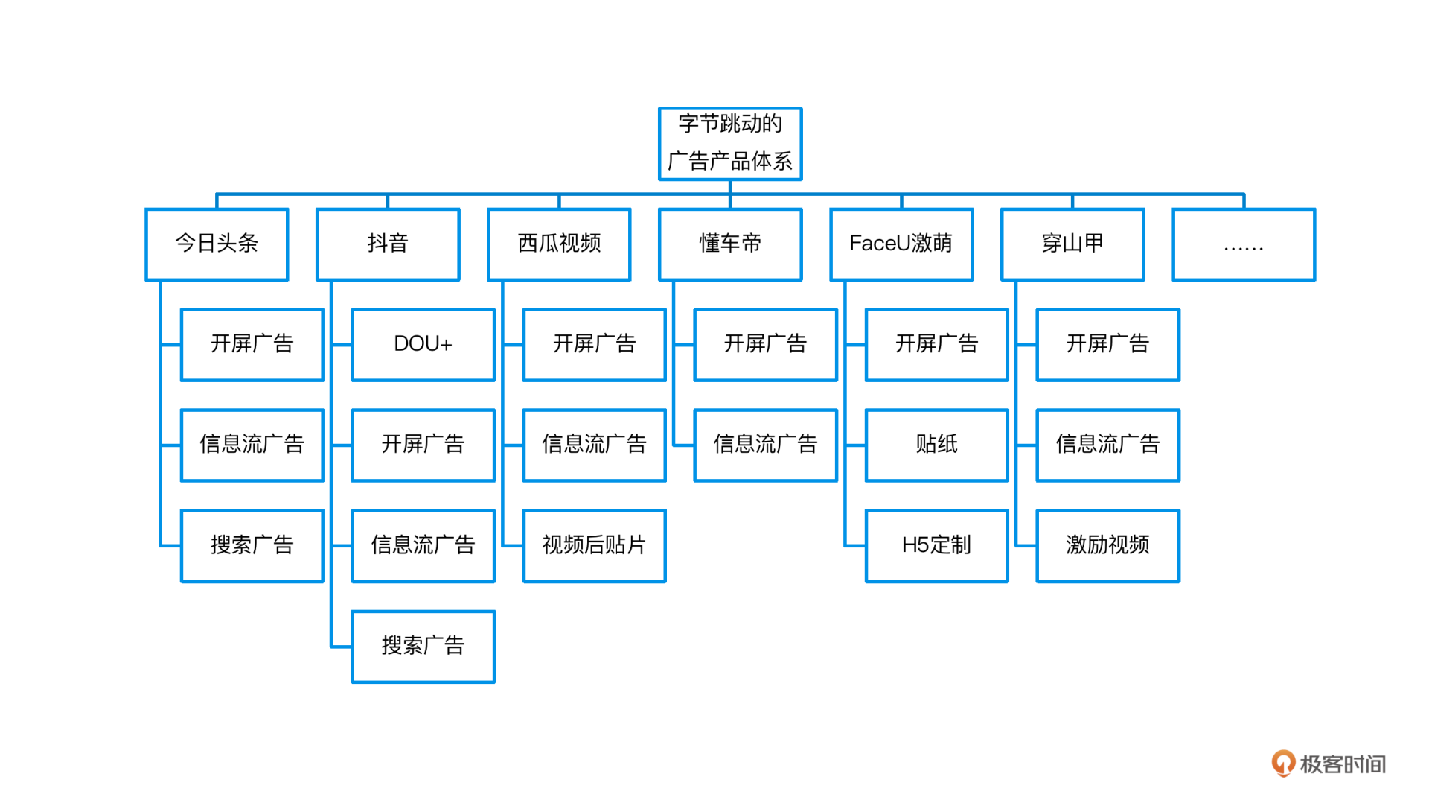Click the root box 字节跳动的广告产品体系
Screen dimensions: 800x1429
click(730, 144)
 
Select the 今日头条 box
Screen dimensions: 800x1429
click(217, 244)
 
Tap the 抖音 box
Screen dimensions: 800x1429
click(388, 244)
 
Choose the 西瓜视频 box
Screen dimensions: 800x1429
click(559, 244)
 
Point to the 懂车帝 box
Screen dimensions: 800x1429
click(730, 244)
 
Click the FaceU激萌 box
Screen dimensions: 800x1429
click(901, 244)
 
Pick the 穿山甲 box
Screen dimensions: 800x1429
click(1072, 244)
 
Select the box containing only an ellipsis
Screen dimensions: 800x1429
click(1244, 244)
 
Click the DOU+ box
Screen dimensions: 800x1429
click(423, 345)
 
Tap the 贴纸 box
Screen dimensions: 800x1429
click(936, 445)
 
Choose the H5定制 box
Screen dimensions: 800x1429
click(936, 546)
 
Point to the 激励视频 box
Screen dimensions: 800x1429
click(1107, 546)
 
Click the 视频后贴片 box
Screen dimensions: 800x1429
click(594, 546)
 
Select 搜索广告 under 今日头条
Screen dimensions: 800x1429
click(252, 546)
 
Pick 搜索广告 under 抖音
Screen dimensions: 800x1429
click(423, 647)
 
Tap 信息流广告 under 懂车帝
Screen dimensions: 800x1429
click(765, 445)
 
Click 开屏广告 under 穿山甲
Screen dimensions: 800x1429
click(1107, 345)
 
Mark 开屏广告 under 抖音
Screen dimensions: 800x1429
click(423, 445)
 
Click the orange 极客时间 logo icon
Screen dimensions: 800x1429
click(1282, 764)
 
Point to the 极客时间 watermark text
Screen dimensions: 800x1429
click(1343, 764)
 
